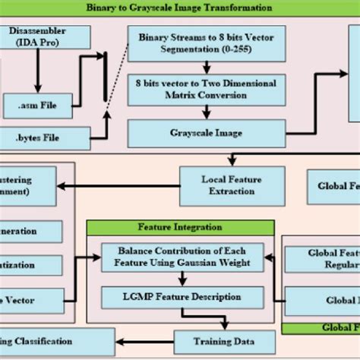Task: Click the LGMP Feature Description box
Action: point(182,296)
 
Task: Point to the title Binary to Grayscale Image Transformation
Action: point(179,8)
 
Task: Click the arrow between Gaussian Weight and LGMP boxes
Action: point(182,278)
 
